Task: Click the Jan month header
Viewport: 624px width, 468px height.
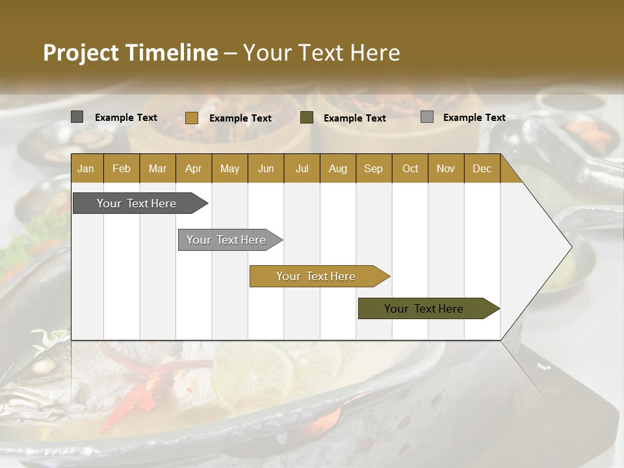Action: coord(86,169)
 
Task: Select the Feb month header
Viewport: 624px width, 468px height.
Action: coord(122,169)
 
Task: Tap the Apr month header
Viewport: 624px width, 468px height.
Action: coord(193,169)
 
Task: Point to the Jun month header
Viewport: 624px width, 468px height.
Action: coord(266,169)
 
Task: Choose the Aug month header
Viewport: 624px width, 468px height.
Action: coord(337,169)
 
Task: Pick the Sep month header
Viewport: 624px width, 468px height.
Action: coord(373,169)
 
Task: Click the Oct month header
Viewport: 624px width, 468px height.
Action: coord(410,169)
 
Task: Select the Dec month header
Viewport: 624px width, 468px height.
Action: coord(482,169)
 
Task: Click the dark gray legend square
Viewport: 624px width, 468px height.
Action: coord(77,117)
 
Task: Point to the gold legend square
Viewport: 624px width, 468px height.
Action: coord(191,118)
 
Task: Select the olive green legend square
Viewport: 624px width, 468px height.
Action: coord(307,118)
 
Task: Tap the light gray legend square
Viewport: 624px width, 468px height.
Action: coord(427,117)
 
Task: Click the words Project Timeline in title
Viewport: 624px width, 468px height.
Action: coord(131,53)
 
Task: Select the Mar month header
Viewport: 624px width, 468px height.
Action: coord(157,169)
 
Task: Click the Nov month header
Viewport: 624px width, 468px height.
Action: coord(445,169)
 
